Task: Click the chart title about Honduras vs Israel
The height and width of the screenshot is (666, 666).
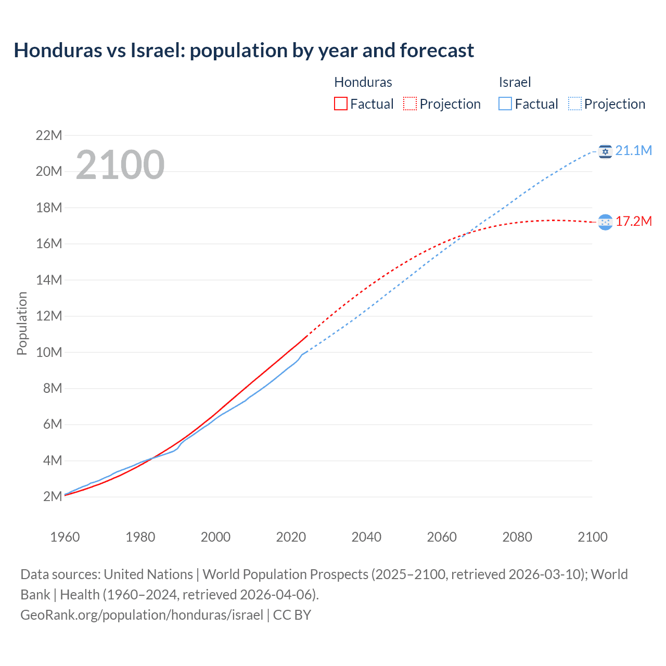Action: click(244, 50)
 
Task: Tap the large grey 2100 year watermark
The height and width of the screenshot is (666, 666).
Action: click(120, 165)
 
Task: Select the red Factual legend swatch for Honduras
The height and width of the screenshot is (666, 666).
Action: click(340, 104)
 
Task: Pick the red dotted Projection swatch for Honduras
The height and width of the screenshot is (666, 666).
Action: click(410, 104)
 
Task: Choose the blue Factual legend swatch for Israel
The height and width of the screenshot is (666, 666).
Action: click(505, 104)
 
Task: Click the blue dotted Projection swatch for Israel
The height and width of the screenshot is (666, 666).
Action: click(574, 104)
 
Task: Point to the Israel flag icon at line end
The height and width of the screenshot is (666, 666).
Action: click(605, 151)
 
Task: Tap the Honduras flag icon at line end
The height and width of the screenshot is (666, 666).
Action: click(605, 222)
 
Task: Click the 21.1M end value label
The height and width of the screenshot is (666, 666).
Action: click(633, 151)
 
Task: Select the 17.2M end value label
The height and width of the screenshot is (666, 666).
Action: click(633, 222)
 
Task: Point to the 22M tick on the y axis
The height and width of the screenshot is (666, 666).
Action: click(49, 136)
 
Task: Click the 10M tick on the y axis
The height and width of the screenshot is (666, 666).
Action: click(49, 352)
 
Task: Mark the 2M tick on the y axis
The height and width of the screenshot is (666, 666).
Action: click(53, 496)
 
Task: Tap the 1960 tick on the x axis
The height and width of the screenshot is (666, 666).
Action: click(65, 537)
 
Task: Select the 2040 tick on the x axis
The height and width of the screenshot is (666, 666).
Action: click(366, 537)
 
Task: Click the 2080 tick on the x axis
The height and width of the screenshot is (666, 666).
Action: click(517, 537)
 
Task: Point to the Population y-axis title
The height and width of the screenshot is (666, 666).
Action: click(22, 323)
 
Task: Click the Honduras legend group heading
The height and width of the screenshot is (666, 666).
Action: click(363, 82)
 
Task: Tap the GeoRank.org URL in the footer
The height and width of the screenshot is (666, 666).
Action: click(142, 615)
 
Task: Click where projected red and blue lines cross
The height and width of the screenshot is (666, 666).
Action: click(467, 234)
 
